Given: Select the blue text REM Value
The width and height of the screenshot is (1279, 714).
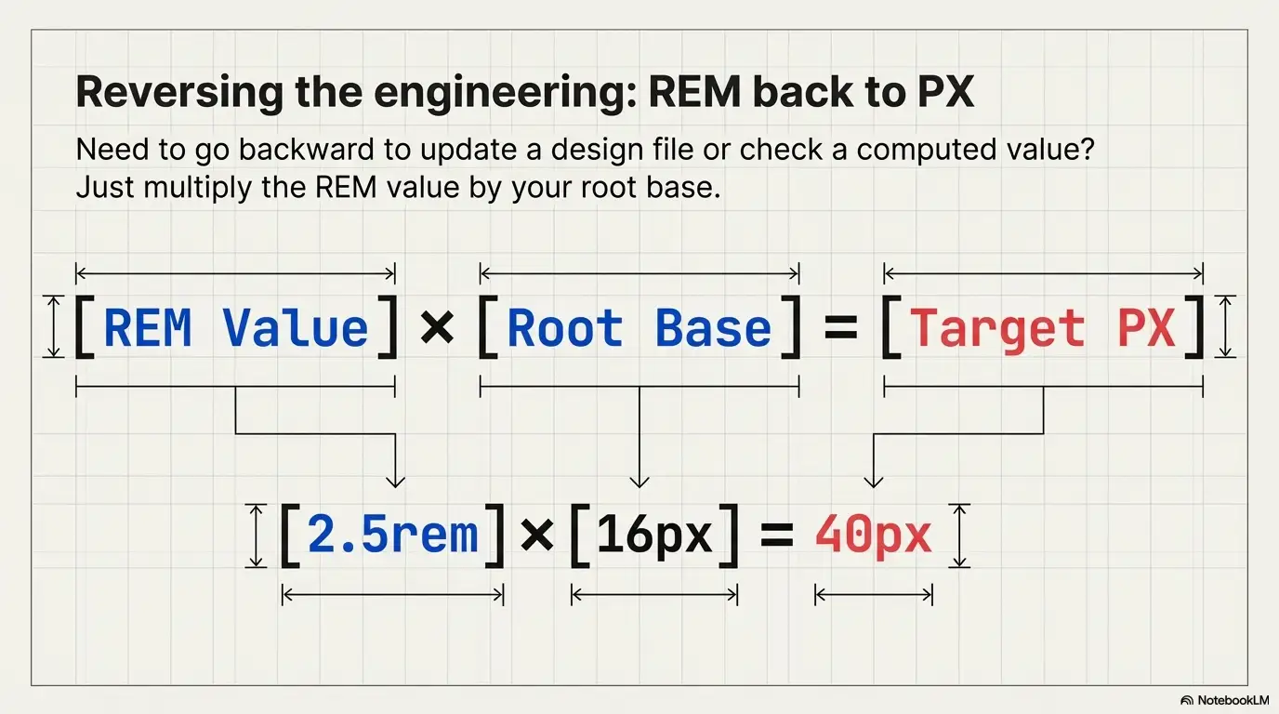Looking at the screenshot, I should point(235,328).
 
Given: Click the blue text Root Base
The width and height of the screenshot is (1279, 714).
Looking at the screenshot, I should point(639,328).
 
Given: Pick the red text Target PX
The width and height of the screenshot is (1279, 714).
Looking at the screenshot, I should point(1043,328).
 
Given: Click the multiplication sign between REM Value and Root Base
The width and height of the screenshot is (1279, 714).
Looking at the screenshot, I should point(437,328).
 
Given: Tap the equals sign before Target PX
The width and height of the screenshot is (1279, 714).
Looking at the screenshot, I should point(840,328).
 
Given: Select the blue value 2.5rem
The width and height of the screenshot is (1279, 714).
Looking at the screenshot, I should point(392,535).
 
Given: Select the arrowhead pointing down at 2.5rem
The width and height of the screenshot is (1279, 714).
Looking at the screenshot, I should point(395,480).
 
